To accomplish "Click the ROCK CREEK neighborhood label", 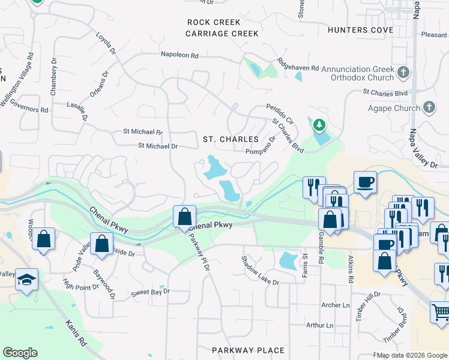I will [214, 22].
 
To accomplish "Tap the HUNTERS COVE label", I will [360, 30].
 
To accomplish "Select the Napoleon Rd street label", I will [179, 55].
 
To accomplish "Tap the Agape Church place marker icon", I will [429, 107].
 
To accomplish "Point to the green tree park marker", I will [319, 125].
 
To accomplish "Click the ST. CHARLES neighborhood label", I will [231, 139].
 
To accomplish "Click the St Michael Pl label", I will [143, 131].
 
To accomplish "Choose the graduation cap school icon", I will [26, 279].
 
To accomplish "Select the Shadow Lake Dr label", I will [260, 271].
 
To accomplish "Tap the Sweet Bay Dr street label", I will [151, 292].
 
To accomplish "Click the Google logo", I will [20, 353].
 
